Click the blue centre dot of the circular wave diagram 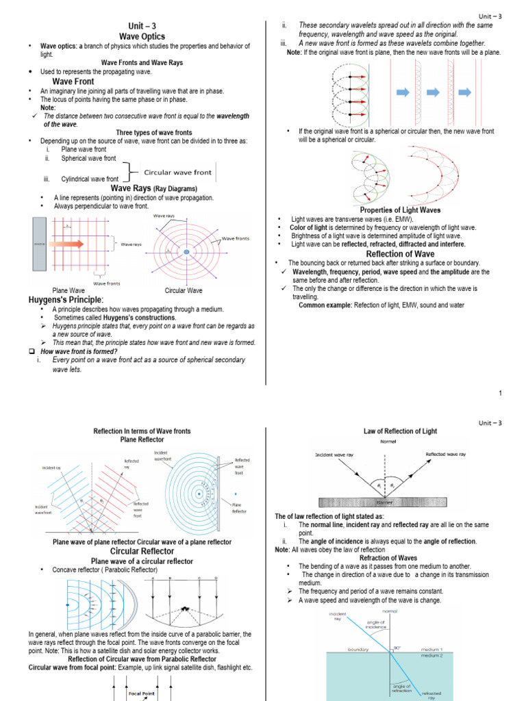[x=186, y=253]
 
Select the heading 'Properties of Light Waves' [x=400, y=210]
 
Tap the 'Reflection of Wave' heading [x=400, y=254]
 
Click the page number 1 [x=500, y=392]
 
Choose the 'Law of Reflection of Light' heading [x=399, y=431]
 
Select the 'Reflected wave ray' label [x=445, y=454]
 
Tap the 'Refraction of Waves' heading [x=388, y=558]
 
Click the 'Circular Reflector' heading [x=142, y=551]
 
